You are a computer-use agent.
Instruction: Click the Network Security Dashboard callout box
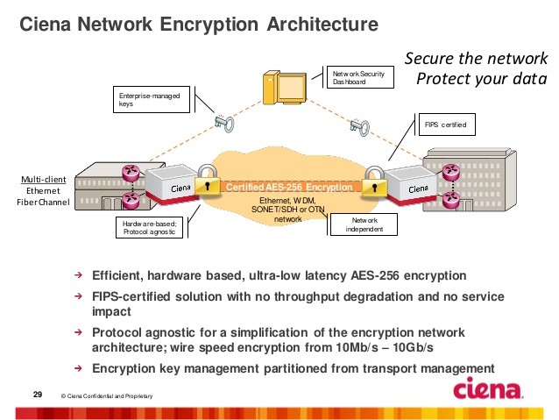[x=357, y=78]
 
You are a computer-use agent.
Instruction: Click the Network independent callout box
[x=363, y=224]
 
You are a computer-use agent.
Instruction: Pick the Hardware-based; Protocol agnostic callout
[x=150, y=228]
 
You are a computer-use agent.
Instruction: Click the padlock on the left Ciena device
[x=207, y=182]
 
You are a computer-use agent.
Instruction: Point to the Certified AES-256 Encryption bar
[x=289, y=188]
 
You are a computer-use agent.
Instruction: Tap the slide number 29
[x=38, y=392]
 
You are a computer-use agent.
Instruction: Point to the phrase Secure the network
[x=475, y=59]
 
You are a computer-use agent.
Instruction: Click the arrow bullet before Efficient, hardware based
[x=78, y=274]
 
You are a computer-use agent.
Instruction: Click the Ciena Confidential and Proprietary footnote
[x=109, y=397]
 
